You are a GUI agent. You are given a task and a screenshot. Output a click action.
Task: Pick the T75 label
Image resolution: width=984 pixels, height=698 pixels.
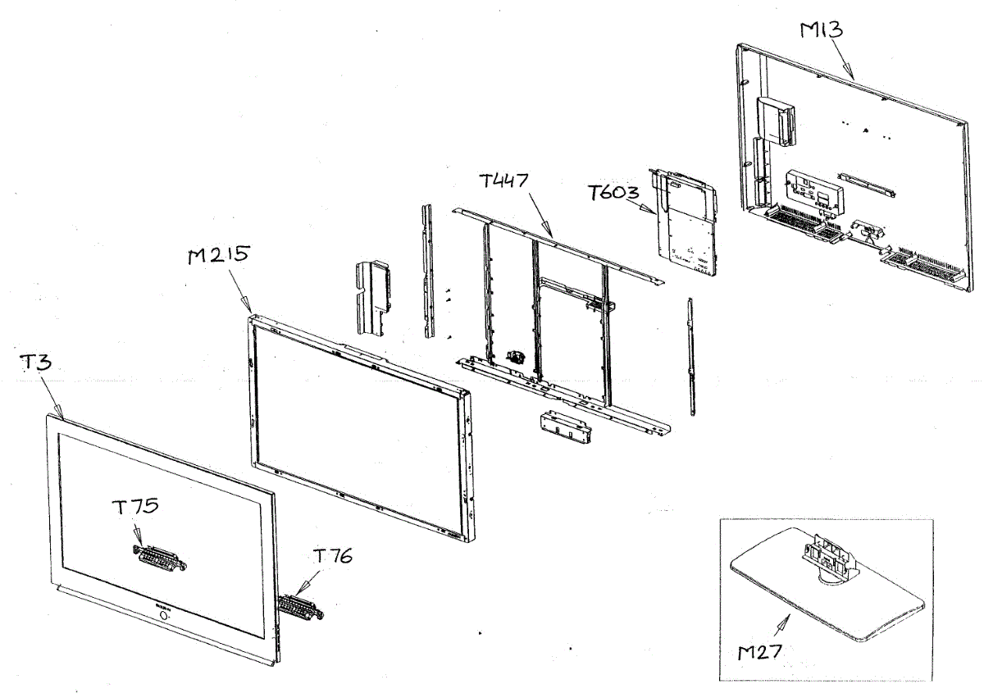pos(136,506)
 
